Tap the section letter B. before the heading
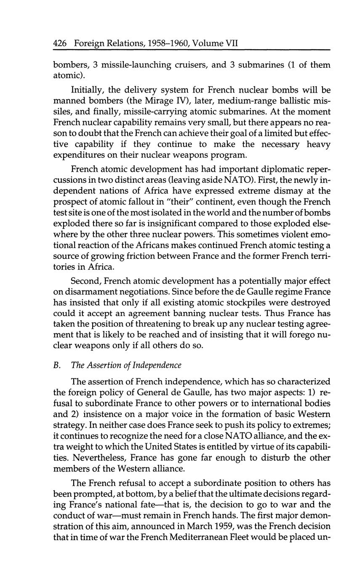(57, 365)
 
